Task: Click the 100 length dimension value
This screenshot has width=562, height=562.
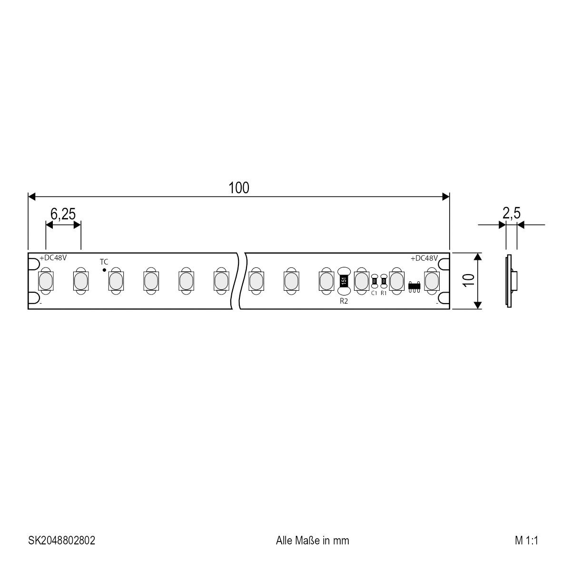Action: click(239, 188)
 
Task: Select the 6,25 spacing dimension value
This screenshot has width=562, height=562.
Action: click(63, 214)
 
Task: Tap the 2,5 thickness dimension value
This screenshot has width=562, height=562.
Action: click(511, 214)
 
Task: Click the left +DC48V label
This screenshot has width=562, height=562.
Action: click(53, 257)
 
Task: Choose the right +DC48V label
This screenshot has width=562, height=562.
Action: click(424, 258)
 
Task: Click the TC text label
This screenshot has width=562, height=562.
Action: click(104, 262)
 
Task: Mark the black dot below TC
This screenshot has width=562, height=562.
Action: click(104, 270)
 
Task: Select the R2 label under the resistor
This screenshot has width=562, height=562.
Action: click(344, 301)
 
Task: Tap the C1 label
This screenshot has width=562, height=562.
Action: click(374, 293)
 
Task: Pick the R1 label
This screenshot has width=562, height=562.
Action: click(384, 293)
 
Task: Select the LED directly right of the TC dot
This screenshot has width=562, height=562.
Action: click(115, 281)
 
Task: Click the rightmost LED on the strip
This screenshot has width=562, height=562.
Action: click(431, 280)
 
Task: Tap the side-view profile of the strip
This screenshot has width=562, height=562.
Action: click(510, 281)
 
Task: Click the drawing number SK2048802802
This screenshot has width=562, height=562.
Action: click(61, 540)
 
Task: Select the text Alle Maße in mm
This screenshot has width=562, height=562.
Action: click(312, 540)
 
